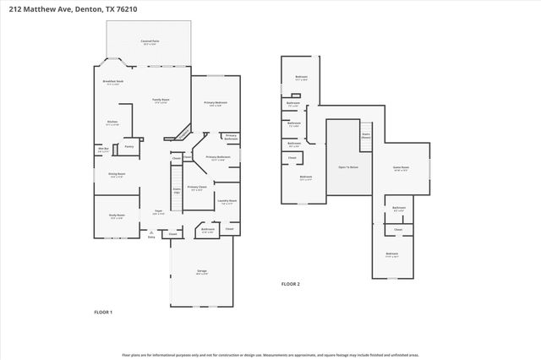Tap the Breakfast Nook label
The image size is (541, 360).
point(113,82)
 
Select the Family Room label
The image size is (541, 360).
point(159,100)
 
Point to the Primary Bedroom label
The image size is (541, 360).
point(215,103)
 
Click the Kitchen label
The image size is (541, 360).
point(112,123)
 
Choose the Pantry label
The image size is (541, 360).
point(129,146)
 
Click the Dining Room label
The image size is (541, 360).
point(116,175)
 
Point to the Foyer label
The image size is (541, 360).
point(158,211)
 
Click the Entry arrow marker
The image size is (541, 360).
point(152,237)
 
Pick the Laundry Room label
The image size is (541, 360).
point(227,202)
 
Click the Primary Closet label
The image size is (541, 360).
point(196,188)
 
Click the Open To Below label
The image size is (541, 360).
point(348,167)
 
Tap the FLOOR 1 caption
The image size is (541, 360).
point(102,312)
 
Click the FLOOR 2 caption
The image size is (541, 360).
point(290,284)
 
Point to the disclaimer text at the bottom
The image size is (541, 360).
point(270,355)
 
